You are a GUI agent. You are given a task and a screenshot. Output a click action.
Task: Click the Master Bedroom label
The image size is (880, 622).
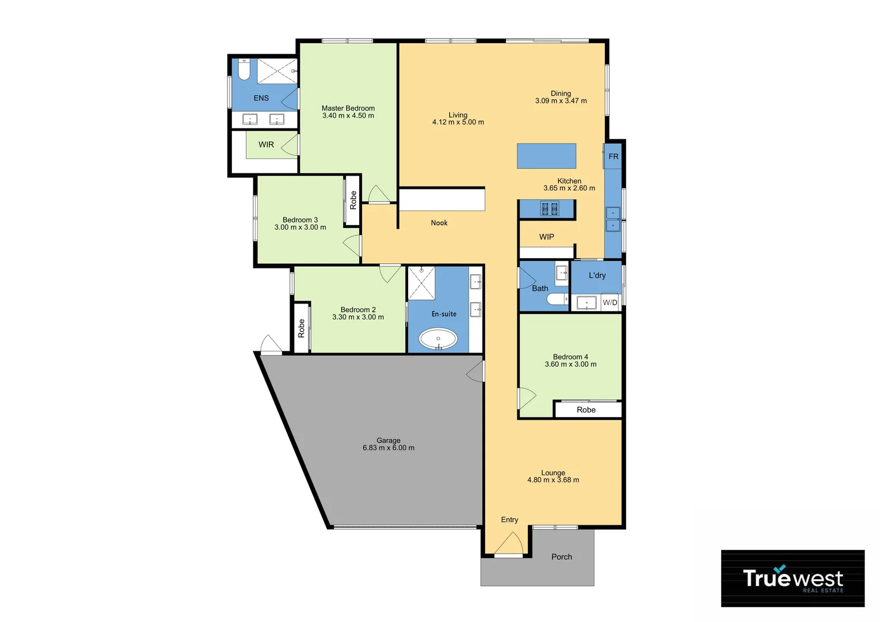tap(348, 108)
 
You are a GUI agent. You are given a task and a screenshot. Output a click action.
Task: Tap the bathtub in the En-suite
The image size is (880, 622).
tap(438, 339)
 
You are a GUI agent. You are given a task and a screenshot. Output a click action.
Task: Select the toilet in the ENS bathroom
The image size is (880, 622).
tap(244, 70)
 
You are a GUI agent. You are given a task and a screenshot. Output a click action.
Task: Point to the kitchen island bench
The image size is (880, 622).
tap(546, 156)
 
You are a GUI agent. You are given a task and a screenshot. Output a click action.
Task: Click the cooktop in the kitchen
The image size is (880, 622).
tap(550, 208)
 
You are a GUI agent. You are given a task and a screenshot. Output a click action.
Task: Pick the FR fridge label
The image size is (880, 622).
tap(614, 157)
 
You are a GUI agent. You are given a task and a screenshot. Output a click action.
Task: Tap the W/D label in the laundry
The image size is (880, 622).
tap(610, 302)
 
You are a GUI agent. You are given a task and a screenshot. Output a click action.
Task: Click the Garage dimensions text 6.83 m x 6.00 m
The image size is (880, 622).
tap(388, 448)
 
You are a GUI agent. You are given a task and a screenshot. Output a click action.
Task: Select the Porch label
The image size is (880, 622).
tap(562, 557)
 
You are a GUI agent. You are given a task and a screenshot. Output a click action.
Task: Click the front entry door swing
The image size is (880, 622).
tap(509, 544)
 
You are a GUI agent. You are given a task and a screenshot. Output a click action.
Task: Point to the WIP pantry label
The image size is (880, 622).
tap(547, 237)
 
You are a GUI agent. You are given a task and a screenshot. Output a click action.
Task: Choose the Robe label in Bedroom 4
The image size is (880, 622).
tap(586, 410)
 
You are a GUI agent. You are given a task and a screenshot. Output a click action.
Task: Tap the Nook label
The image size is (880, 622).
tap(439, 223)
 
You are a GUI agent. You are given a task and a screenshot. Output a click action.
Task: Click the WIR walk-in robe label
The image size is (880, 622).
tap(266, 145)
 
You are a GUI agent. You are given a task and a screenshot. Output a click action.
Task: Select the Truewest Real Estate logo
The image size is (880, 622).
tap(793, 578)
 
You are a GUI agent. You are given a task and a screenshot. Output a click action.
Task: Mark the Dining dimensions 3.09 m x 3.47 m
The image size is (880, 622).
tap(561, 101)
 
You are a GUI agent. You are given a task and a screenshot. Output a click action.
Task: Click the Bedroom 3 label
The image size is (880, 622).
tap(300, 220)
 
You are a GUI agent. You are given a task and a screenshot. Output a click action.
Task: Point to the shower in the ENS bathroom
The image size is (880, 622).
tap(277, 71)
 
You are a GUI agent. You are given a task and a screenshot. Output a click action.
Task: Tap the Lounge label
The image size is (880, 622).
tap(553, 473)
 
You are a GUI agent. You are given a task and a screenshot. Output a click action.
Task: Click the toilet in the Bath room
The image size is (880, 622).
tap(557, 299)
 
